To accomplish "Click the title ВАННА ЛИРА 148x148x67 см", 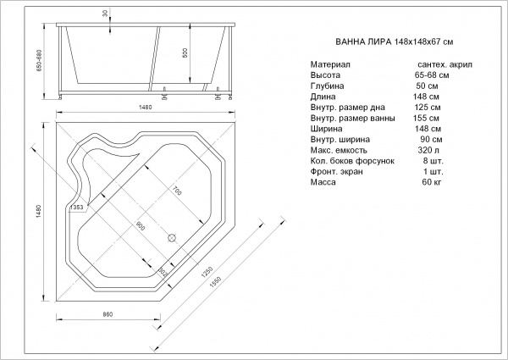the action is pos(394,42).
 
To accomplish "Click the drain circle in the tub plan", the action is pos(172,238).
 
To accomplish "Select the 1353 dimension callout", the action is pos(76,208).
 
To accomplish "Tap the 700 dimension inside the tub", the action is pos(177,191).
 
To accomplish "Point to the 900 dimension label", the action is pos(141,226).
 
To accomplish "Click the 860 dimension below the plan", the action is pos(108,314).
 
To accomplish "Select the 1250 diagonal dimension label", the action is pos(207,272).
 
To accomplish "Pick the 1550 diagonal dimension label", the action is pos(215,282).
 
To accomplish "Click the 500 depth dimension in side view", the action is pos(185,53).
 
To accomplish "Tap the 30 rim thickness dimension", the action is pos(105,14).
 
